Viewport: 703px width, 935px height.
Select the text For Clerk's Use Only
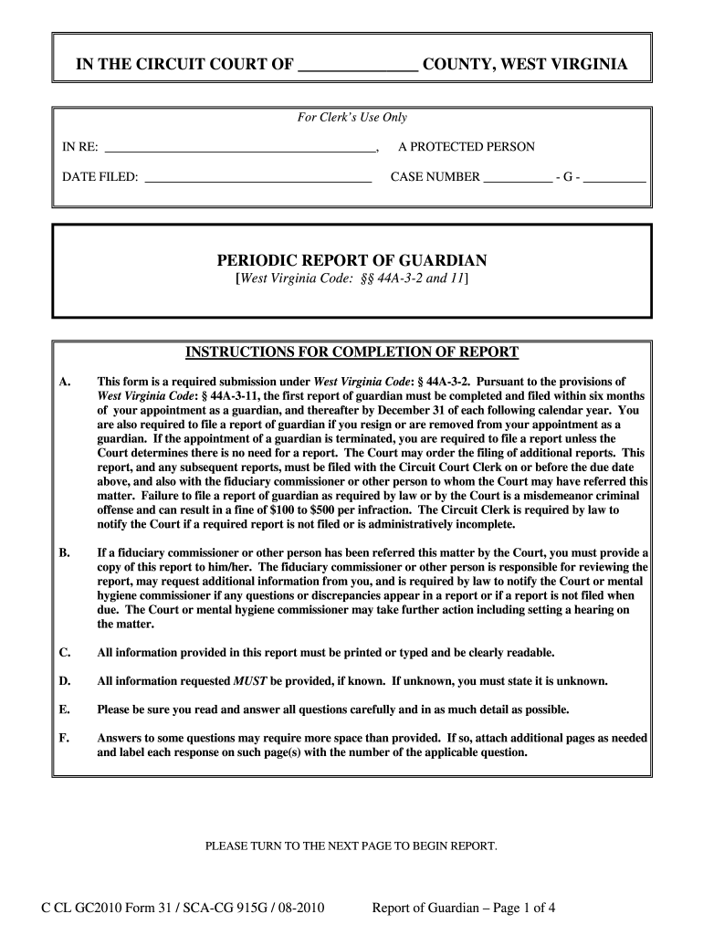[x=352, y=117]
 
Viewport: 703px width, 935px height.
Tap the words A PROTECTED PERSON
[x=467, y=147]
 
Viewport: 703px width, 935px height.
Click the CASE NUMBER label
[x=435, y=177]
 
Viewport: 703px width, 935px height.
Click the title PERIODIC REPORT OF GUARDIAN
[x=351, y=260]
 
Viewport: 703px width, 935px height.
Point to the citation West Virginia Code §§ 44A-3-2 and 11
[x=351, y=278]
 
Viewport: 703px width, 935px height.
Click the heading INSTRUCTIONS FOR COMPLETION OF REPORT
[x=351, y=352]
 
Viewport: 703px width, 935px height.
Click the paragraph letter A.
[x=64, y=382]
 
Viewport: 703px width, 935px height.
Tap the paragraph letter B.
[x=64, y=553]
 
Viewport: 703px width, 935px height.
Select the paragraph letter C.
[x=64, y=653]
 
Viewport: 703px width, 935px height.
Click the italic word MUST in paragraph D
[x=250, y=681]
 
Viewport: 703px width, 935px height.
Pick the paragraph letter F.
[x=64, y=738]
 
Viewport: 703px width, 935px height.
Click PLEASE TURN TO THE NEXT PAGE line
[x=351, y=846]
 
